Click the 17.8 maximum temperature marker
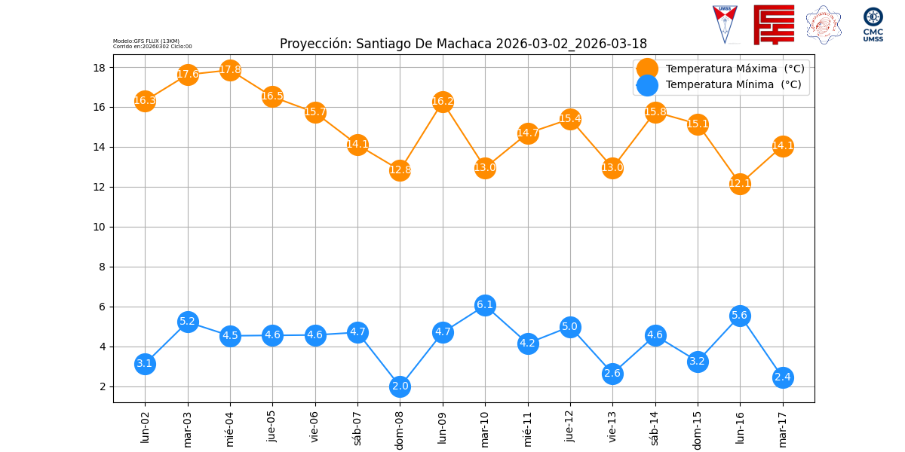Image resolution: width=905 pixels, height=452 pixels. (230, 70)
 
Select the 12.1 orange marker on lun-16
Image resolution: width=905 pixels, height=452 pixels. (740, 184)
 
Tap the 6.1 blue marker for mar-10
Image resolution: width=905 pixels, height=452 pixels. (485, 305)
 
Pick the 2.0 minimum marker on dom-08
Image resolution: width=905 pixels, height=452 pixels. (400, 386)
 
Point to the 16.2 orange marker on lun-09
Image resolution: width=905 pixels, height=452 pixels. (443, 102)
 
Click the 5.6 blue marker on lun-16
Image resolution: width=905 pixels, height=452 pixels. (740, 316)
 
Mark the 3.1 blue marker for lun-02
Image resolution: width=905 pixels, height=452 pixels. (145, 364)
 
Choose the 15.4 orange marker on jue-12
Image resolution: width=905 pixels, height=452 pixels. (570, 119)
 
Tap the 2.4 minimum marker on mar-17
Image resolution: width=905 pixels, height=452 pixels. (783, 377)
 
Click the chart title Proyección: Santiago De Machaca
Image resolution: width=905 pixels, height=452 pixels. (463, 44)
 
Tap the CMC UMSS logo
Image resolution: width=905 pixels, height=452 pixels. (873, 25)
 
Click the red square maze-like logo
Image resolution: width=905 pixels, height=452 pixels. (774, 25)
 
